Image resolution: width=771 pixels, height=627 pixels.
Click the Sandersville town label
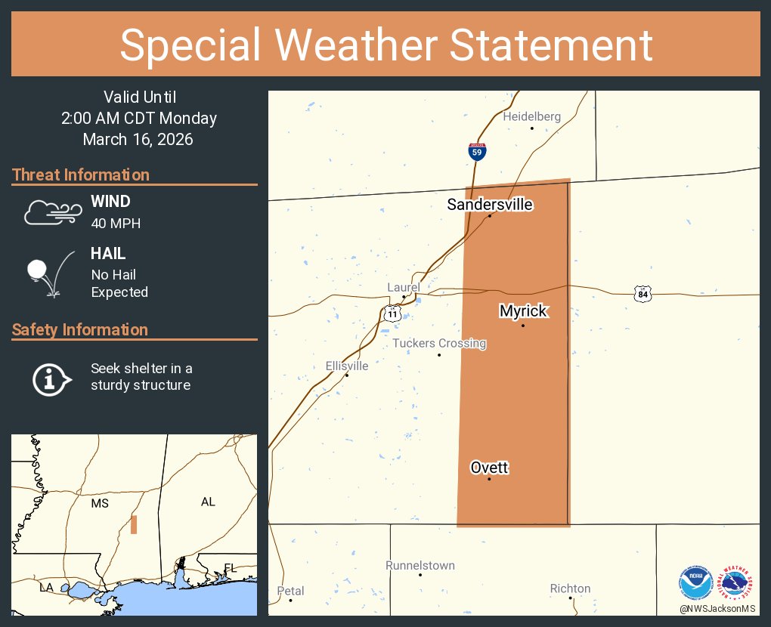click(x=490, y=205)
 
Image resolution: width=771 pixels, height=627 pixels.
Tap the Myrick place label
click(x=523, y=311)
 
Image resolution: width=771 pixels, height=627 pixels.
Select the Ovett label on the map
click(x=489, y=468)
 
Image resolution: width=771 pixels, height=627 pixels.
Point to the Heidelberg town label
click(x=532, y=116)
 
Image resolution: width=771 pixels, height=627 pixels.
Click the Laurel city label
click(x=403, y=287)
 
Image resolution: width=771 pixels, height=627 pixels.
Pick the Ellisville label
click(x=347, y=366)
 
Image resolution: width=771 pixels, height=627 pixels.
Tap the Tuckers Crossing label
click(x=439, y=344)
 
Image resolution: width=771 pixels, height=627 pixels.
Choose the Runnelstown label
click(x=420, y=565)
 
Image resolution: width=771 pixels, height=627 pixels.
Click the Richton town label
click(x=571, y=588)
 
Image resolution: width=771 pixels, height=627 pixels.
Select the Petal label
click(x=290, y=591)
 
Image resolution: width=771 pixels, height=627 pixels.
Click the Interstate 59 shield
click(x=477, y=151)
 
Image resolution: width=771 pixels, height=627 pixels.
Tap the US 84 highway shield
click(x=642, y=294)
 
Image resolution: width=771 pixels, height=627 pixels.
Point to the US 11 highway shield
click(x=391, y=312)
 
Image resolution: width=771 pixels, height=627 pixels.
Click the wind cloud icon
click(x=51, y=212)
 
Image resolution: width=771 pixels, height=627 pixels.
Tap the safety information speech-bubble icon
click(x=51, y=378)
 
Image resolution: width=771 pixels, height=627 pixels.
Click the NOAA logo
click(x=695, y=582)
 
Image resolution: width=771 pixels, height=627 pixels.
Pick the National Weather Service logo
click(x=738, y=582)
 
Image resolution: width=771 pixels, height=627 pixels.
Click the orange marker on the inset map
click(x=134, y=524)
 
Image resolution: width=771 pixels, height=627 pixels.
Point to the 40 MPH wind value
click(x=116, y=224)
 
